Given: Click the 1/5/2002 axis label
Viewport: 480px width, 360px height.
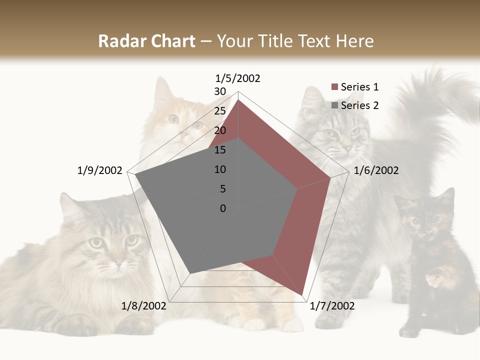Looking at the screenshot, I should click(238, 78).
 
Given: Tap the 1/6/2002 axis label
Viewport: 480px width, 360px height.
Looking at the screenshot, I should click(376, 170).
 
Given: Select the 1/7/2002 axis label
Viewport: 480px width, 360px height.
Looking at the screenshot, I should click(332, 306).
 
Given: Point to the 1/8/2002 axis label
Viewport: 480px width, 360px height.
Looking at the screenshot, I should click(143, 306).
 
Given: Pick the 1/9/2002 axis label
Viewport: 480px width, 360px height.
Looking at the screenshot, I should click(100, 170).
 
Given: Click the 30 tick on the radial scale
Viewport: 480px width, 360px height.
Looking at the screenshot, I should click(220, 91).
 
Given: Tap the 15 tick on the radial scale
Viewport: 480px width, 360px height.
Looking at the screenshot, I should click(220, 150).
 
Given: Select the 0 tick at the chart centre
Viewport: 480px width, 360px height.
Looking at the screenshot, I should click(223, 208).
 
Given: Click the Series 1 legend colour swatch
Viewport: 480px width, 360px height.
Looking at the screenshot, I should click(335, 87).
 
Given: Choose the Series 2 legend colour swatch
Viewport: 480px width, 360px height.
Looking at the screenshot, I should click(335, 105).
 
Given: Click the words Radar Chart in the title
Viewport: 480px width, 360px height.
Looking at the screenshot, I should click(146, 41).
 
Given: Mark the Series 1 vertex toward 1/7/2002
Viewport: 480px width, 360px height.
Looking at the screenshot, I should click(302, 295).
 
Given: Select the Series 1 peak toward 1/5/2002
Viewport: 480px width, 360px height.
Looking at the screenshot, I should click(238, 100).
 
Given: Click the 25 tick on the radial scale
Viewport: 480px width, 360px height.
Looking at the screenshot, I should click(220, 111).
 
